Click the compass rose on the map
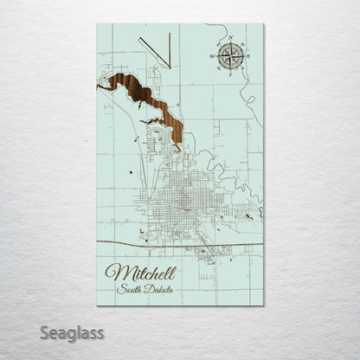point(230,56)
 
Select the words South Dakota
point(145,289)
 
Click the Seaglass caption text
point(72,332)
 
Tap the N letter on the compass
point(230,40)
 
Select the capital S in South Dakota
point(122,289)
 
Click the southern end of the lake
point(177,147)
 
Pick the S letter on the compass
point(230,72)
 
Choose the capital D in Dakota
point(148,289)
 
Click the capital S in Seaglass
point(45,332)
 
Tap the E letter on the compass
point(247,56)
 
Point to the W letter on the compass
point(214,56)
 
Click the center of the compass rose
point(230,56)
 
